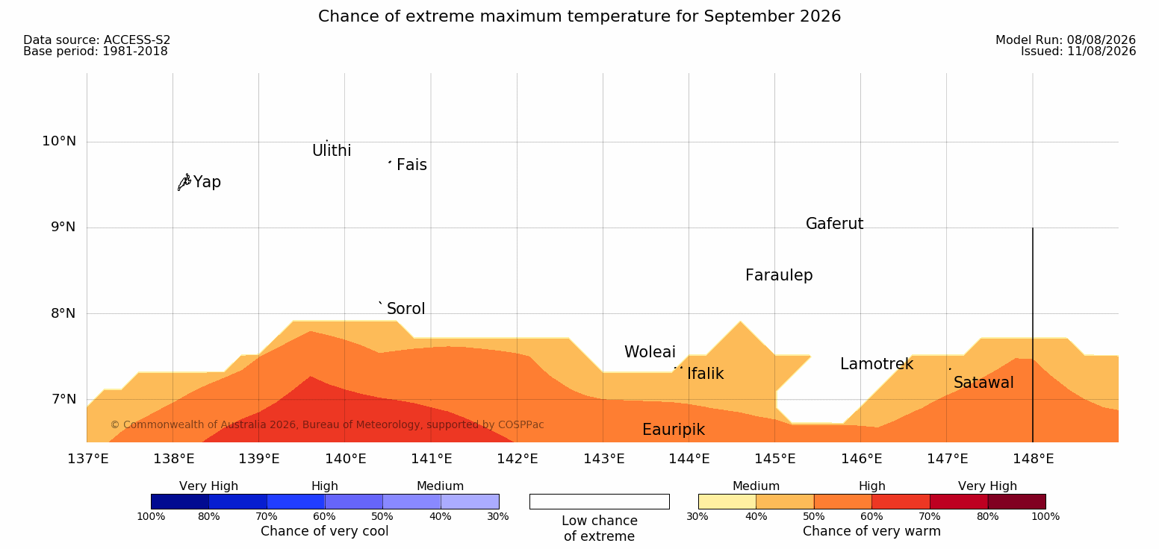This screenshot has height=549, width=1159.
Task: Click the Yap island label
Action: [x=207, y=183]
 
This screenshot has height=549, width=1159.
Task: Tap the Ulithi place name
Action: [x=332, y=151]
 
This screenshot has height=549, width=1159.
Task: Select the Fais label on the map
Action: [x=412, y=165]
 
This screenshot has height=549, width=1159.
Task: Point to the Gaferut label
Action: [x=835, y=224]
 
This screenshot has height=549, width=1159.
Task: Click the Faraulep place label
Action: [x=779, y=275]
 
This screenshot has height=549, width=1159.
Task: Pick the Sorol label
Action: [x=406, y=309]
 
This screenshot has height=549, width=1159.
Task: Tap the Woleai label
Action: [x=650, y=352]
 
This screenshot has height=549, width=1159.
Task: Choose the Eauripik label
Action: [x=674, y=430]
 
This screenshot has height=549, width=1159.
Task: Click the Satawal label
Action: [x=984, y=383]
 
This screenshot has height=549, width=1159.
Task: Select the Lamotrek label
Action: [x=877, y=365]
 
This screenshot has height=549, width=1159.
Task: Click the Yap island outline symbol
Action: [x=184, y=183]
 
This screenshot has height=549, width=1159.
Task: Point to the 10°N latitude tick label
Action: [x=59, y=141]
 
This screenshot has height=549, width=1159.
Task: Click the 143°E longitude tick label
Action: [x=604, y=459]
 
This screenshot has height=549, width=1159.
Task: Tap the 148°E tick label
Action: [x=1034, y=459]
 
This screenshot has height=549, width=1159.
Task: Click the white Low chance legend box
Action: [x=599, y=501]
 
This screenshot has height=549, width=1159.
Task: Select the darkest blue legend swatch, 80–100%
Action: [x=180, y=501]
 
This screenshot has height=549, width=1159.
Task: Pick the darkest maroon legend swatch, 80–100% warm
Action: [x=1016, y=501]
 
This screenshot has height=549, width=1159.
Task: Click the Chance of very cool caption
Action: [x=324, y=531]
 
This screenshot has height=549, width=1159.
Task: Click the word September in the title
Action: [x=749, y=16]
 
